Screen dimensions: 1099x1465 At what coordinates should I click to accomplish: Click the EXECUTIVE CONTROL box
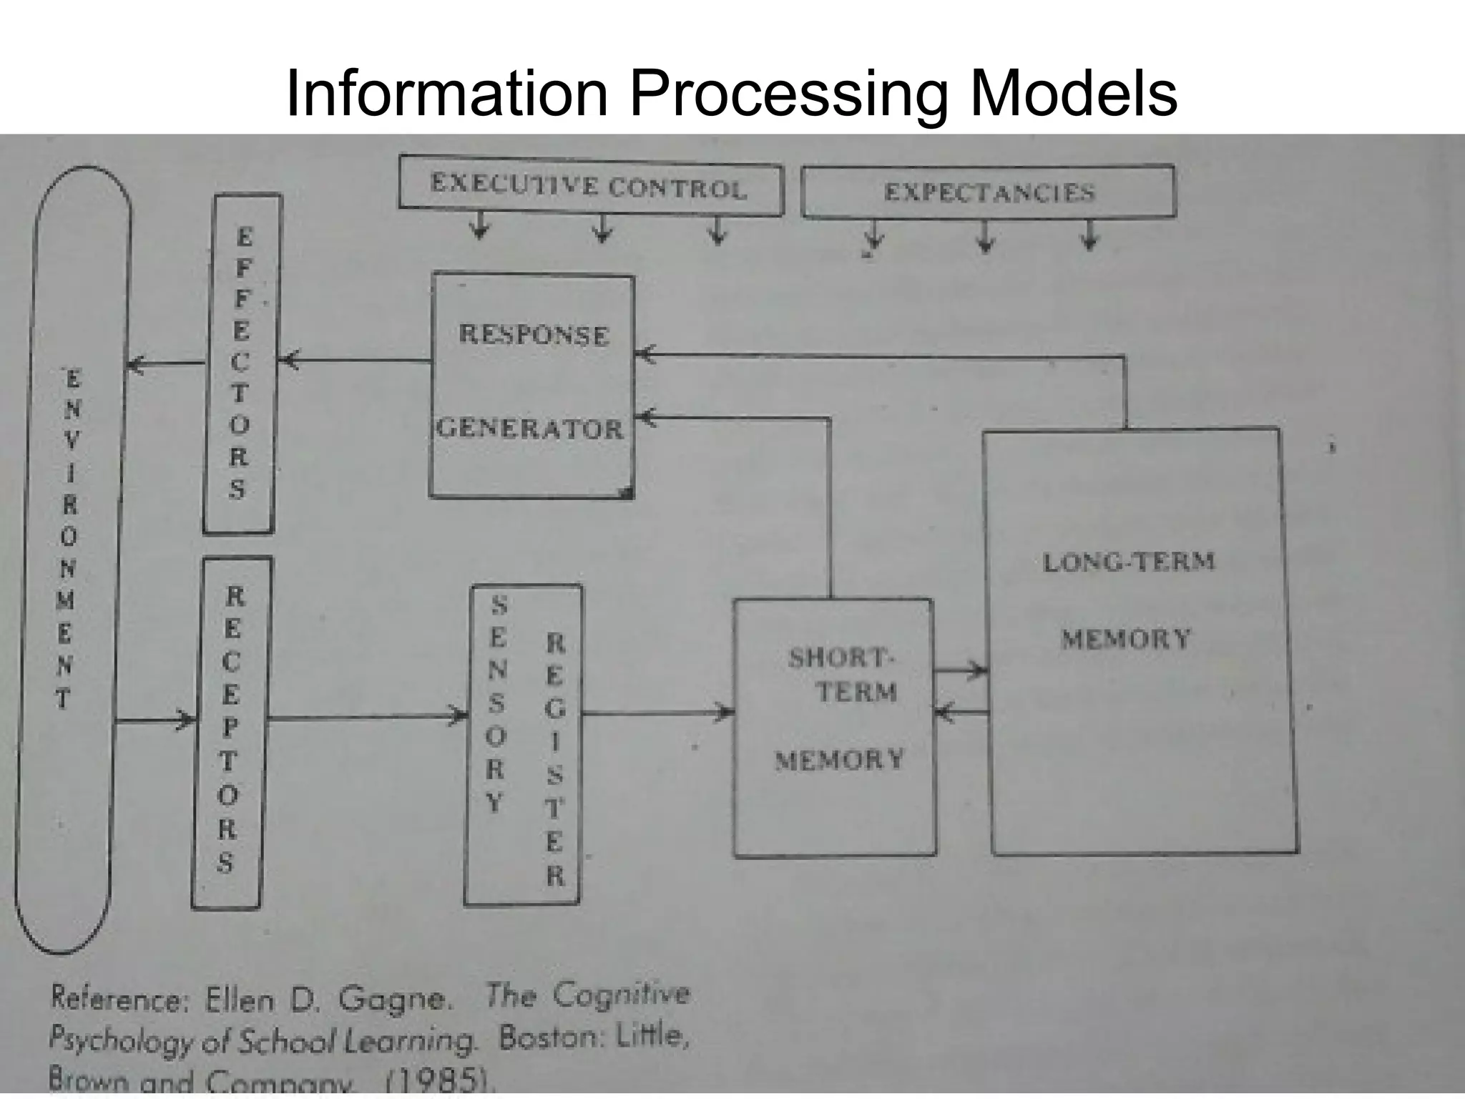(589, 187)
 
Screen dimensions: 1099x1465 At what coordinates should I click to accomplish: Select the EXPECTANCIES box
(988, 192)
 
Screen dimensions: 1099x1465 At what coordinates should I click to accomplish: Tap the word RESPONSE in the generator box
(534, 335)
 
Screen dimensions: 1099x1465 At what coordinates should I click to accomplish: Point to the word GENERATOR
(530, 429)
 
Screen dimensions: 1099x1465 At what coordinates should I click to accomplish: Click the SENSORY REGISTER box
(524, 744)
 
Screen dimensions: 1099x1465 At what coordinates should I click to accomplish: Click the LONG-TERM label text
(1129, 562)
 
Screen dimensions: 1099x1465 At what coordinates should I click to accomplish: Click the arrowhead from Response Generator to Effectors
(288, 361)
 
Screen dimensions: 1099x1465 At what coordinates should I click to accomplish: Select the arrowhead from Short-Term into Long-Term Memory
(977, 671)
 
